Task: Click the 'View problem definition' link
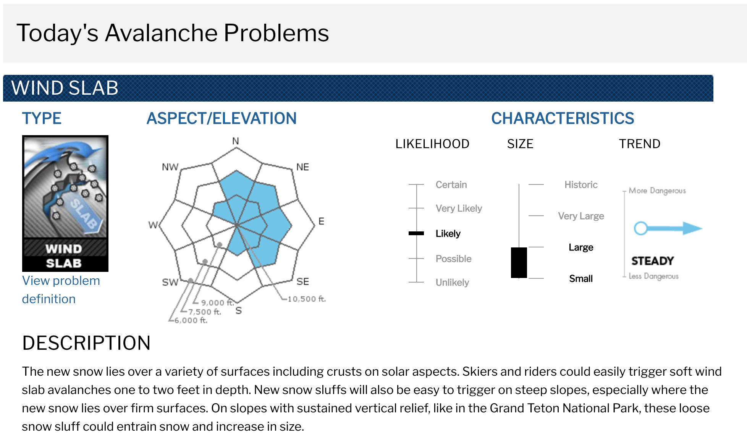(61, 290)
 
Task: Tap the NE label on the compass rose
(302, 167)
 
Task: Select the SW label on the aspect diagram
(170, 282)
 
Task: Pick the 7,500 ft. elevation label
(205, 312)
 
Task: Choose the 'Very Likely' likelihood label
(459, 208)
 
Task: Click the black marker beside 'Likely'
(416, 233)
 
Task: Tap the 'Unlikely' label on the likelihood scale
(452, 283)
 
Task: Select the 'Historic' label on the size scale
(581, 185)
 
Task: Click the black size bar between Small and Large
(519, 263)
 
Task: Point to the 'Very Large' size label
(581, 216)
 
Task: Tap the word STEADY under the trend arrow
(653, 261)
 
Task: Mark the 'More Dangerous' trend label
(657, 191)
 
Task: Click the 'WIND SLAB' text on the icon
(64, 256)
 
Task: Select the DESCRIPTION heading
(86, 343)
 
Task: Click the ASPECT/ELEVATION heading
(222, 118)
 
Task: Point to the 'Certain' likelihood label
(451, 185)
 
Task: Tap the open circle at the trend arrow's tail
(640, 228)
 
